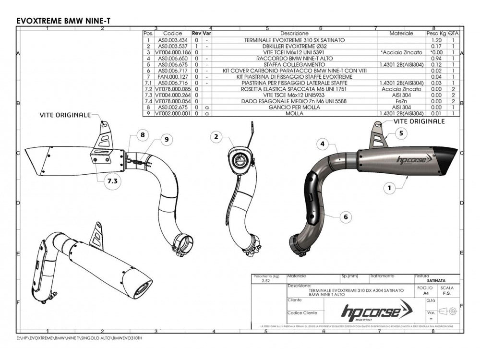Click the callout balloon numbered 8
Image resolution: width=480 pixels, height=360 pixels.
(142, 136)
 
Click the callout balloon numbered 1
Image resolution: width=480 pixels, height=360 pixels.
(390, 189)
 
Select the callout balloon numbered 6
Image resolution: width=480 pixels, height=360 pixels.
(344, 217)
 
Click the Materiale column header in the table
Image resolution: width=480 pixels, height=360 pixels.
(401, 34)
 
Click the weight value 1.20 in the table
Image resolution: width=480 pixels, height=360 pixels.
(435, 40)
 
